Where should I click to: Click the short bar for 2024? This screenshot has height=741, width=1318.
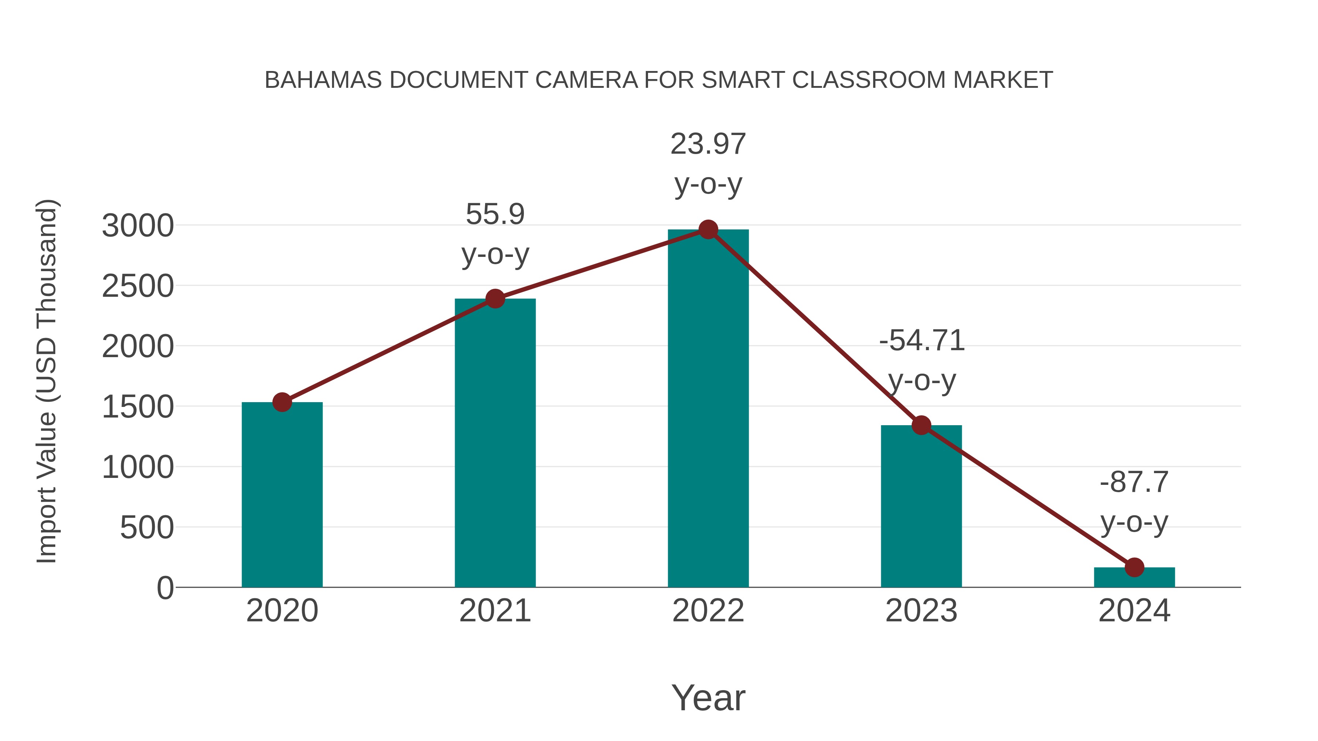(1134, 577)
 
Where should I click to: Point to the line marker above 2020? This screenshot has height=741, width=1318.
(282, 403)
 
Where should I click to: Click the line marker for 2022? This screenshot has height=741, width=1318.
(708, 229)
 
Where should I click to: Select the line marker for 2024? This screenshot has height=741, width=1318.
(1134, 567)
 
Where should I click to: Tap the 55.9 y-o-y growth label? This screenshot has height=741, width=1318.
(495, 234)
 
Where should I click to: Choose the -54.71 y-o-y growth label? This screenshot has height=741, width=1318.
(922, 360)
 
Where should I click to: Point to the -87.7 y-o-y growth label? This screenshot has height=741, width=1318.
(1134, 502)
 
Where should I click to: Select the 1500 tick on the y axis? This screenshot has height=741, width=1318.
(138, 407)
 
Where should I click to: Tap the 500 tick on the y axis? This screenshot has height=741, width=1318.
(147, 527)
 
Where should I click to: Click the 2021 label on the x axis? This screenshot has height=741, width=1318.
(495, 611)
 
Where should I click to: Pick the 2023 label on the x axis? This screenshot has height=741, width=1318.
(921, 611)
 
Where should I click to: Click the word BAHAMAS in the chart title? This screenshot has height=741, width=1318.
(323, 80)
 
